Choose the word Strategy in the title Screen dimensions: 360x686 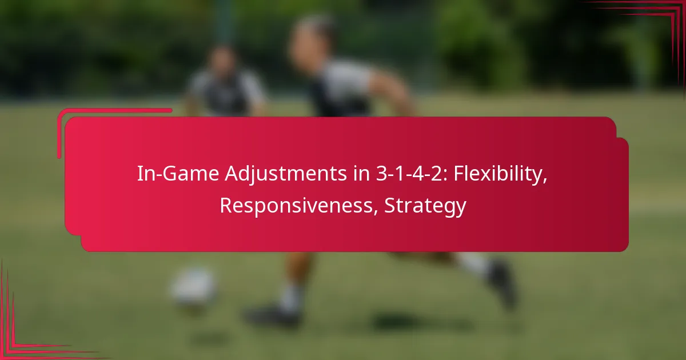click(425, 206)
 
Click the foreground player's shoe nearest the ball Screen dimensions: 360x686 click(273, 316)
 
